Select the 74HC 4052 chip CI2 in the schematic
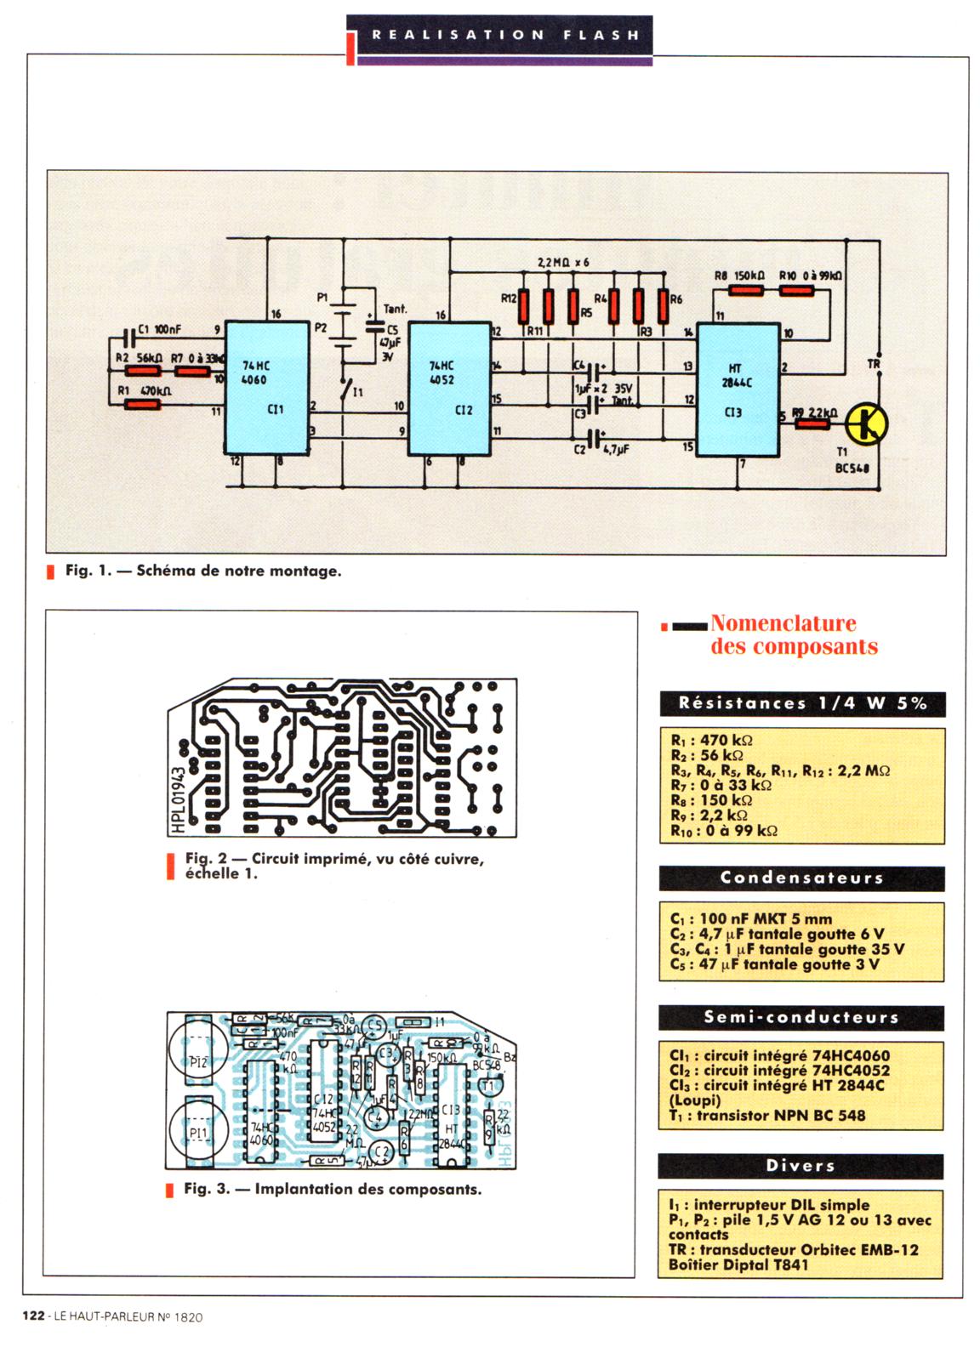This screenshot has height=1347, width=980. click(449, 389)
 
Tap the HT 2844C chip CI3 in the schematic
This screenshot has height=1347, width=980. click(738, 389)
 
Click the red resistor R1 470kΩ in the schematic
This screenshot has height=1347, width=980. click(143, 405)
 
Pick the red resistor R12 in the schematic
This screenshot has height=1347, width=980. click(524, 307)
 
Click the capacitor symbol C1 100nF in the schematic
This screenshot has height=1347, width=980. click(128, 337)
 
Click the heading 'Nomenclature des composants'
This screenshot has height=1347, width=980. click(794, 635)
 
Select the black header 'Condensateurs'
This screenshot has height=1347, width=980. click(801, 878)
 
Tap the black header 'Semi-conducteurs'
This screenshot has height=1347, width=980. click(801, 1017)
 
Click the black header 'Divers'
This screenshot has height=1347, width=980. click(801, 1165)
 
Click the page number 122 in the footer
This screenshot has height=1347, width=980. click(34, 1316)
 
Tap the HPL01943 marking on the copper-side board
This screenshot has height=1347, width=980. click(179, 787)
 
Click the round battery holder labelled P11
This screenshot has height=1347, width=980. click(197, 1133)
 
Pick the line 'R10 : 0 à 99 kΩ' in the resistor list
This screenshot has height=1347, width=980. click(724, 831)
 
